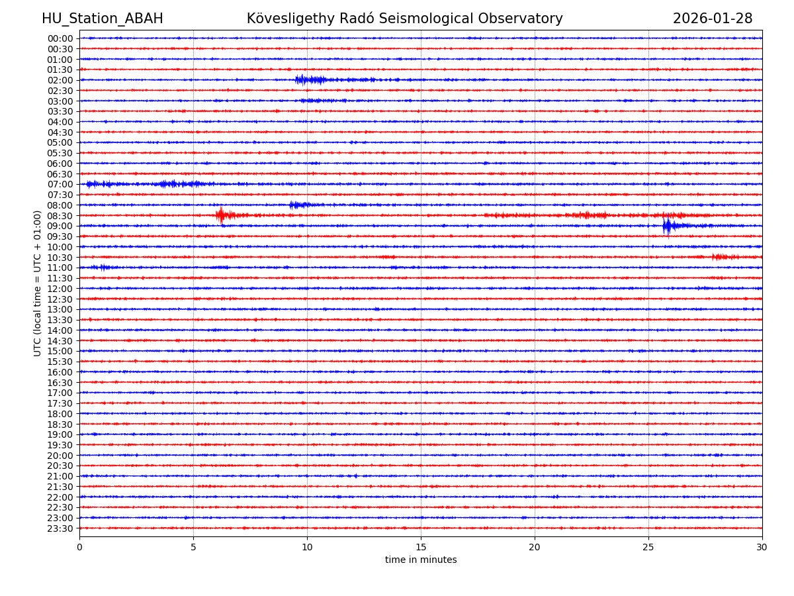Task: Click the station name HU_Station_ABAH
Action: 102,19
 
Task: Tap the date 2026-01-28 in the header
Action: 712,19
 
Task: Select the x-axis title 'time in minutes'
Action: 421,560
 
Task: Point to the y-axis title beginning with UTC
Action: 38,283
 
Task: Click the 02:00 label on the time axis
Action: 60,80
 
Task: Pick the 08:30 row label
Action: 60,216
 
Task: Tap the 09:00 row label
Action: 60,226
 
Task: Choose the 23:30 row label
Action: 60,528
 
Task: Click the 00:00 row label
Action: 60,38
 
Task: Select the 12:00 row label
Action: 60,289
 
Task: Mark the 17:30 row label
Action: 60,403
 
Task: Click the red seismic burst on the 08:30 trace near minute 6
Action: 220,215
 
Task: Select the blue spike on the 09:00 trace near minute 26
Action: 667,226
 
